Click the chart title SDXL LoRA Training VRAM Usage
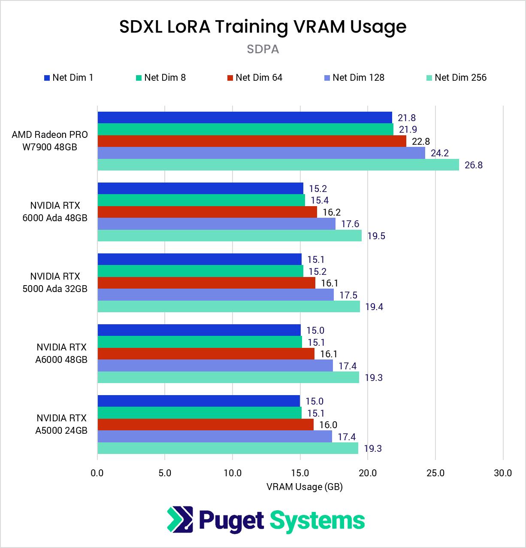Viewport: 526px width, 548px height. point(263,27)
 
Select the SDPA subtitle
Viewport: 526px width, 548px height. point(263,49)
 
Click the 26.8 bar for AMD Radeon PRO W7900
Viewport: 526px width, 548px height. point(278,165)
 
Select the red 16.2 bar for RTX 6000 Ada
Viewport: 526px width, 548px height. point(207,212)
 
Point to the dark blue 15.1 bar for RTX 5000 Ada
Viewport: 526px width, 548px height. point(200,259)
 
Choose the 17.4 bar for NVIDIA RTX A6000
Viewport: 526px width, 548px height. point(215,366)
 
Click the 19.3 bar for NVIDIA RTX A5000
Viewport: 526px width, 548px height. point(228,448)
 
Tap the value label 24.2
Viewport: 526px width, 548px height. point(440,153)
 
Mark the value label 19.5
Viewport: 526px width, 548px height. point(376,236)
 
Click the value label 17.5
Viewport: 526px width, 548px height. point(348,295)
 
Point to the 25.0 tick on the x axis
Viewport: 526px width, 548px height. point(435,473)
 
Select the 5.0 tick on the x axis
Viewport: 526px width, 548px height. point(165,473)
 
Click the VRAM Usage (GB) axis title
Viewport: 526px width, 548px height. point(304,487)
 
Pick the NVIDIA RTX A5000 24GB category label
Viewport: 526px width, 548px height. point(61,424)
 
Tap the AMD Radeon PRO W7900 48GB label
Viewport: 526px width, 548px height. point(50,141)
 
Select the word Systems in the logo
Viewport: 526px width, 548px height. point(317,521)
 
